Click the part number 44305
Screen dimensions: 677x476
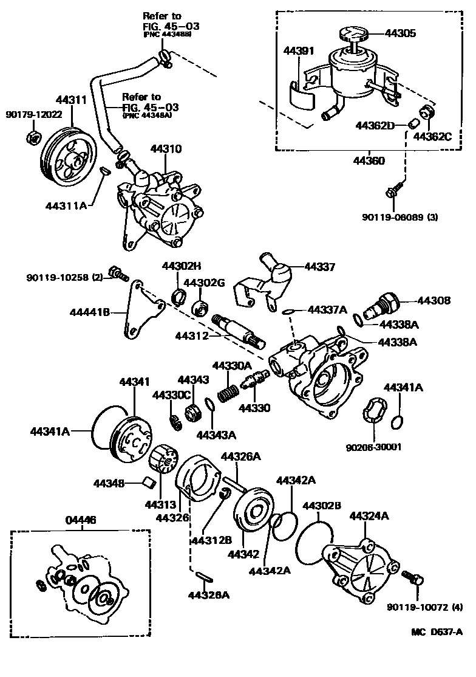(x=399, y=34)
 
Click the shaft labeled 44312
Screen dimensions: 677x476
(x=239, y=329)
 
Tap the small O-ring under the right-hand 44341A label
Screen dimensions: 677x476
(x=397, y=421)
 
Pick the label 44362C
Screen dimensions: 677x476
(x=432, y=136)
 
